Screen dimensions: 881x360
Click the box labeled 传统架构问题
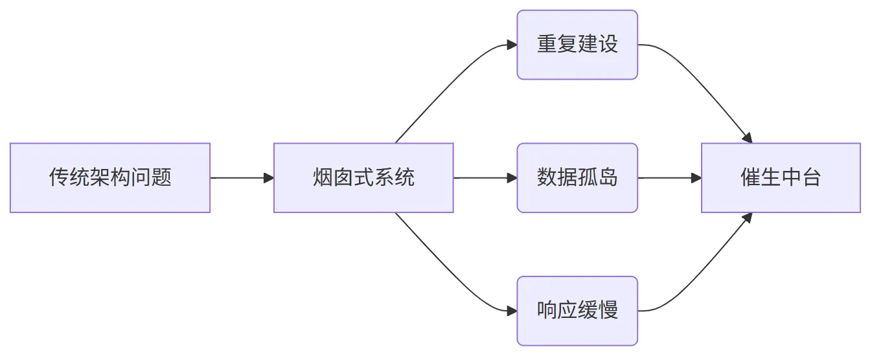point(110,178)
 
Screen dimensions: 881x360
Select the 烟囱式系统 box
point(363,178)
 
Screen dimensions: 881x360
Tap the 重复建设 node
point(577,45)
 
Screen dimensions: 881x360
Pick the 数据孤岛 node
point(577,178)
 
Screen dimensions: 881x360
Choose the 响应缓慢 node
point(577,311)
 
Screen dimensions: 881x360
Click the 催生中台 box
point(781,178)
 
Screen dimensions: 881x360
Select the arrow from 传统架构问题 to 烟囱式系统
point(242,178)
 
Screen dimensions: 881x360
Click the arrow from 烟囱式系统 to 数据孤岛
point(485,178)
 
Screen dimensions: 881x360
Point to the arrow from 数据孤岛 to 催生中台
point(669,178)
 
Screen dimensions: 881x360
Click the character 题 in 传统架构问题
point(161,177)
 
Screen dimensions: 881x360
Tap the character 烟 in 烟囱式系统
point(323,177)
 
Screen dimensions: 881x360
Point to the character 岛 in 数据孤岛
point(608,177)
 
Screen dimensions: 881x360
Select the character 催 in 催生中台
point(751,177)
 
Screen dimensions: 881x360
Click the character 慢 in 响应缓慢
point(608,310)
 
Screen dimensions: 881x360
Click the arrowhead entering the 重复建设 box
point(512,45)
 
